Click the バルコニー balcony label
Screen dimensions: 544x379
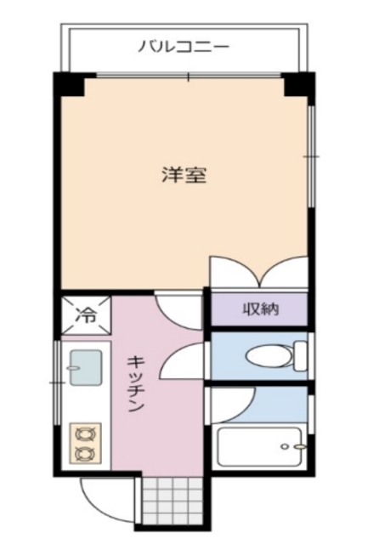183,47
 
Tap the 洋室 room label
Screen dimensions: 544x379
184,177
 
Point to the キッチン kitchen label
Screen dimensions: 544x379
135,383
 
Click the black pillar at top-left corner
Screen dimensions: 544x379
70,85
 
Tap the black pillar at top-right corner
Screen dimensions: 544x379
299,85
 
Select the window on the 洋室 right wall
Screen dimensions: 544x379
311,157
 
